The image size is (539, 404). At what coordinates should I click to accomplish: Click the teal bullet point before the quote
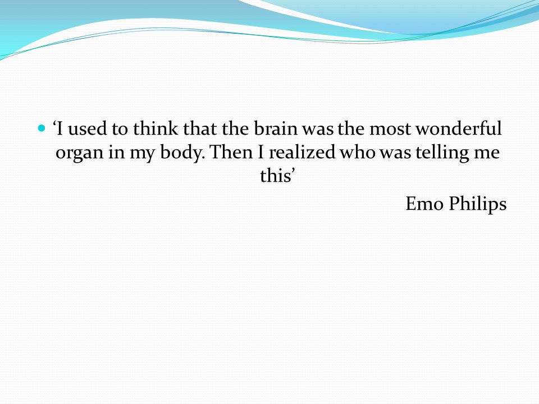(x=41, y=129)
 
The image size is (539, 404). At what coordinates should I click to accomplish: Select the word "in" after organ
(x=116, y=153)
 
